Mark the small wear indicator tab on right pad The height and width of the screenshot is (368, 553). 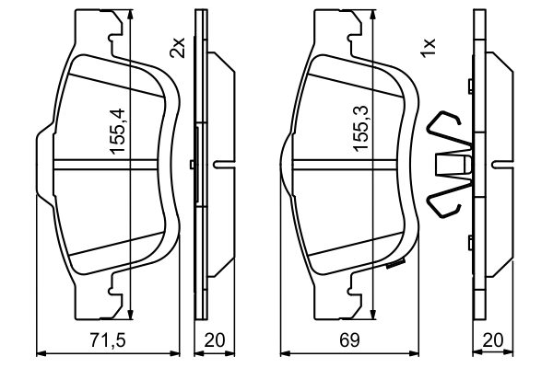coord(398,267)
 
